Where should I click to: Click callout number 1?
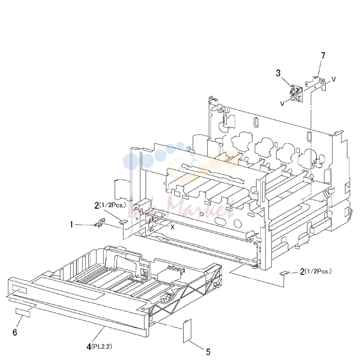coord(72,225)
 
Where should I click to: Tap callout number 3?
coord(278,73)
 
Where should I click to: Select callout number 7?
coord(323,56)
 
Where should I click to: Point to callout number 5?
coord(208,352)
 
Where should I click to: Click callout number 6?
coord(15,333)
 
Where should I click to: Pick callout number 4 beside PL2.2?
coord(89,347)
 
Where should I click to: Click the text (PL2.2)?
coord(102,346)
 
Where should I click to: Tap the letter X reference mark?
coord(173,227)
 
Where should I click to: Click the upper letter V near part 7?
coord(333,79)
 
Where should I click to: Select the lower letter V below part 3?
coord(282,104)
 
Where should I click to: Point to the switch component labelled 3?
coord(296,94)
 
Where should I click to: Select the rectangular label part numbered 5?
coord(187,331)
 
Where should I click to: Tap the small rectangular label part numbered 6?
coord(23,313)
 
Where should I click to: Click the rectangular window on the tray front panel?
coord(18,290)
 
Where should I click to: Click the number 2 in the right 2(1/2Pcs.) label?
coord(302,272)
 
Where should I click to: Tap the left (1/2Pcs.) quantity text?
coord(113,205)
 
